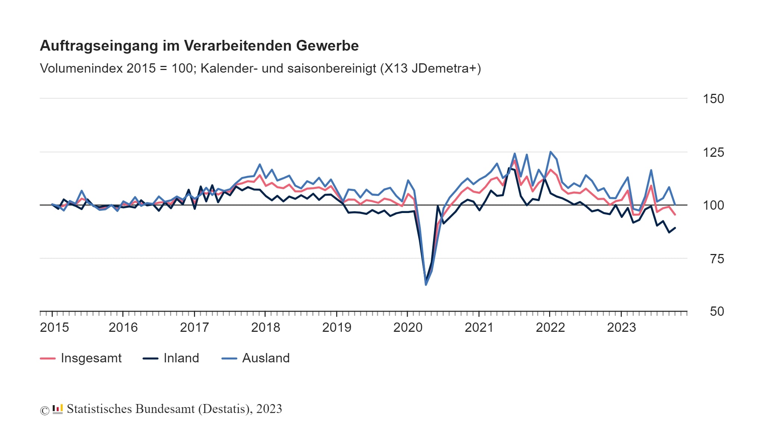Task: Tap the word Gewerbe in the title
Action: coord(327,46)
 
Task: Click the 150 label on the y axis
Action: coord(713,99)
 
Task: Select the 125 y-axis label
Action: coord(713,152)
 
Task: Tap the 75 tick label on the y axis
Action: coord(717,259)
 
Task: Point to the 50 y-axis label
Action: coord(717,311)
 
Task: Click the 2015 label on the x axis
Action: coord(54,327)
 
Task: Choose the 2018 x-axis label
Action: coord(265,327)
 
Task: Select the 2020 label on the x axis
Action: coord(408,327)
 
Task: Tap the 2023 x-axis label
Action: coord(621,327)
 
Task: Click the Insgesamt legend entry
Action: coord(91,358)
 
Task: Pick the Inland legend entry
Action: coord(181,358)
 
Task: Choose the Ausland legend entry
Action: coord(266,358)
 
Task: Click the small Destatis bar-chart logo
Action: coord(57,409)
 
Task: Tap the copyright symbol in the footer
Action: coord(45,410)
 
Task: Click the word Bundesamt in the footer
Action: coord(165,409)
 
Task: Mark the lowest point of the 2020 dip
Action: coord(426,285)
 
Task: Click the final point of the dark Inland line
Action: coord(675,228)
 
